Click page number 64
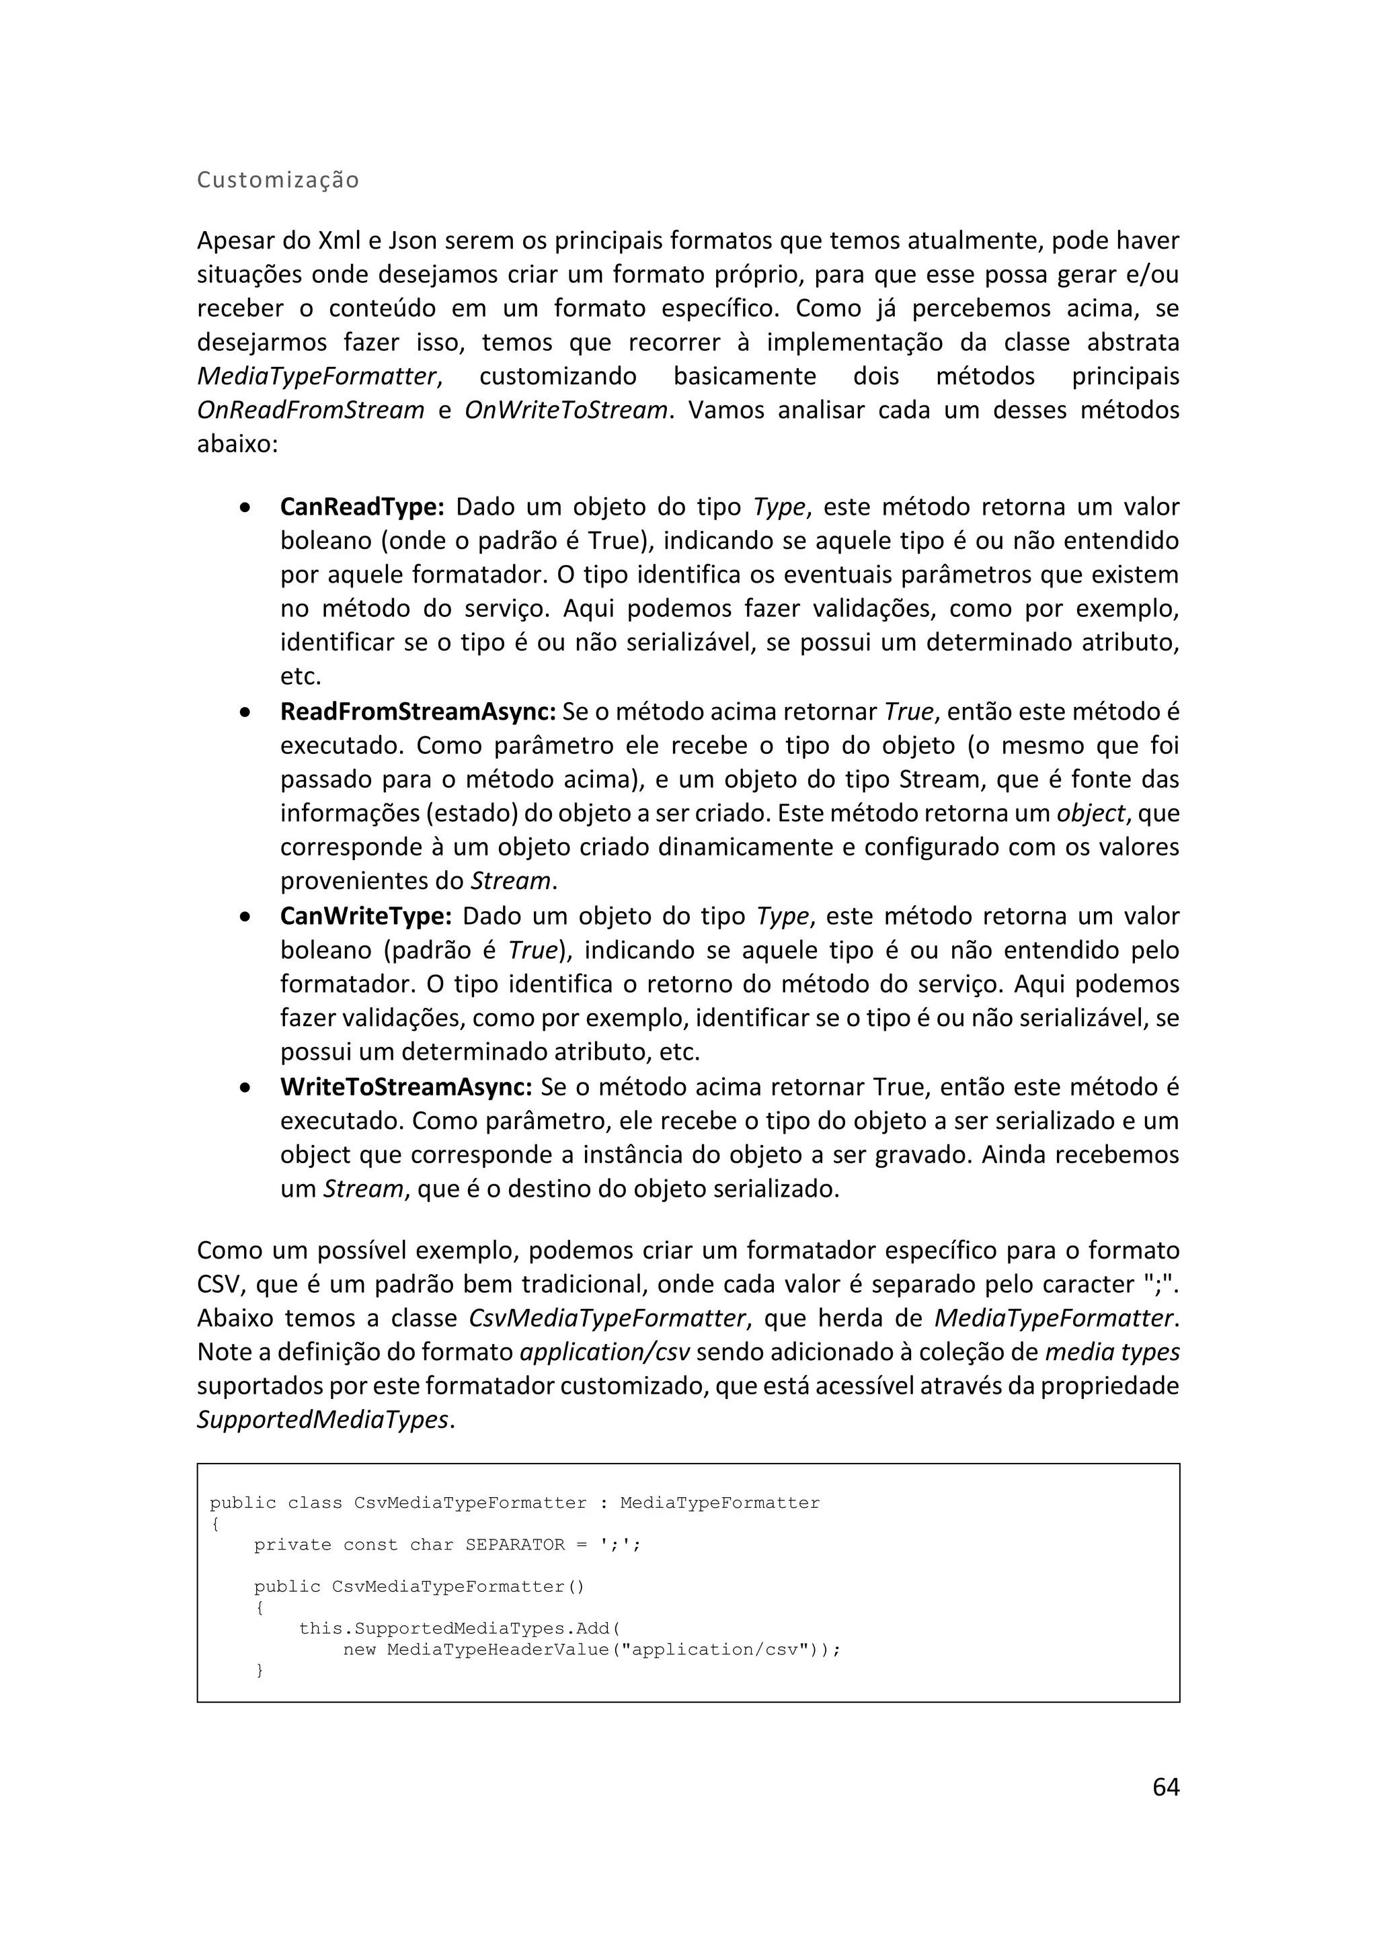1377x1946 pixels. [x=1166, y=1787]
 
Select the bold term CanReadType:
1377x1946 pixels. [x=362, y=507]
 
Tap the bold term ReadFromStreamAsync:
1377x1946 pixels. [x=417, y=711]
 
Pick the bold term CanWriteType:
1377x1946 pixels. [x=366, y=916]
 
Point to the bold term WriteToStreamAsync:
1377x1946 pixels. [x=405, y=1087]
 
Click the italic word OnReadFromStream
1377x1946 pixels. [x=311, y=410]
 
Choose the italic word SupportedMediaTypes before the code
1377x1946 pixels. [x=322, y=1420]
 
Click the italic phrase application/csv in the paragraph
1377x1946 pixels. [x=604, y=1352]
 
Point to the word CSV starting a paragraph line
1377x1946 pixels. [x=218, y=1284]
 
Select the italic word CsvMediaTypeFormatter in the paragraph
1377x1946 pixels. [x=606, y=1318]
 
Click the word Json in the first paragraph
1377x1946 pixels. [x=412, y=241]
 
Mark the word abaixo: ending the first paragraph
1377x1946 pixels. [x=237, y=444]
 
